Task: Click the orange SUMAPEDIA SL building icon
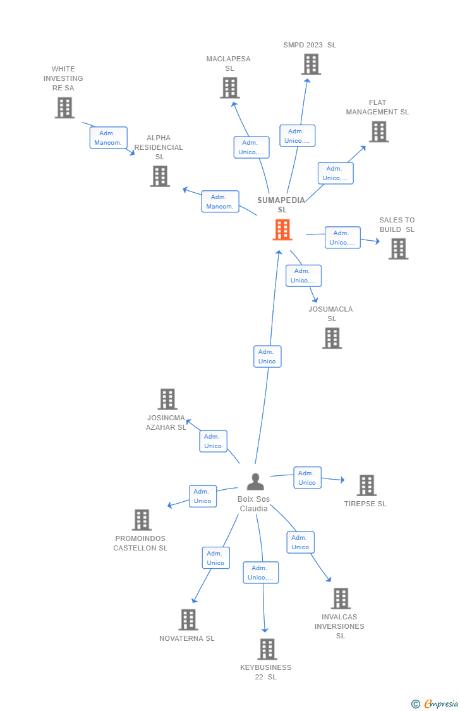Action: [282, 229]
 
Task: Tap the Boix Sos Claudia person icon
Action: [255, 482]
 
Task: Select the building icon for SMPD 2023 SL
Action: [311, 64]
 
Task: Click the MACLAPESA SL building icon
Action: [229, 88]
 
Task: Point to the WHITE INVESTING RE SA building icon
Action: [64, 107]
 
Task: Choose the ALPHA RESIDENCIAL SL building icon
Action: [160, 176]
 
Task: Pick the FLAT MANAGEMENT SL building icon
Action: [378, 131]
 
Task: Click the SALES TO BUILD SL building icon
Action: [398, 249]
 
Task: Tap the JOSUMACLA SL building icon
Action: [332, 338]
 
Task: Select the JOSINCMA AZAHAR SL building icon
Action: [167, 399]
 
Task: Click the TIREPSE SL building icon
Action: [366, 485]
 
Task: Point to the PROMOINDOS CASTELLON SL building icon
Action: [142, 520]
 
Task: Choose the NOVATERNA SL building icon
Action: [188, 620]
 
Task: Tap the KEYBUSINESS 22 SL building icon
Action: [267, 649]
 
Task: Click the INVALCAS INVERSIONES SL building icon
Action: [341, 599]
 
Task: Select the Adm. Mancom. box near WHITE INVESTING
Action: [108, 138]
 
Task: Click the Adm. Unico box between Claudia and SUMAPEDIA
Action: [267, 356]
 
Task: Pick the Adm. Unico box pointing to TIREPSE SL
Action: [307, 478]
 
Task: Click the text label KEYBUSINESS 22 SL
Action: [266, 672]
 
